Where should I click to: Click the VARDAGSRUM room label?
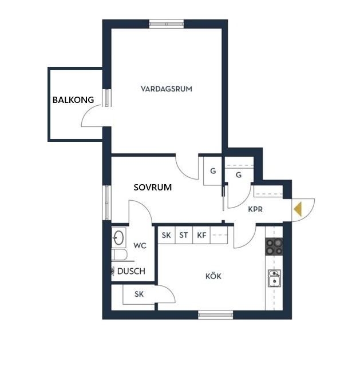tap(167, 89)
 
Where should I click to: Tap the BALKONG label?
tap(73, 100)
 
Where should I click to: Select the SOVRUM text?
tap(153, 187)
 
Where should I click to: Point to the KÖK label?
tap(213, 276)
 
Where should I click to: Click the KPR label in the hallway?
tap(255, 209)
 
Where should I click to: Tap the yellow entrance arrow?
tap(298, 209)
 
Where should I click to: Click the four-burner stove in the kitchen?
tap(274, 246)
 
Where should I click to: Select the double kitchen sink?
tap(274, 278)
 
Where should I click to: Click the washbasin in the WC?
tap(118, 238)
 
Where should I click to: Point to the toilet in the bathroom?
tap(120, 254)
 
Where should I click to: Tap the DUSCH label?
tap(131, 271)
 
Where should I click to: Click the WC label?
tap(140, 245)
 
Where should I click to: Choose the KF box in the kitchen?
tap(201, 235)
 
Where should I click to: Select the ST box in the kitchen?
tap(184, 235)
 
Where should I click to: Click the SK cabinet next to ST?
tap(167, 235)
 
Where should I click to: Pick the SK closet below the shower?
tap(139, 295)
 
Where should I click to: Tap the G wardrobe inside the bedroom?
tap(212, 171)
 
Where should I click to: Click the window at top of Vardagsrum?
tap(167, 24)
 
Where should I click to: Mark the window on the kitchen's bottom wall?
tap(215, 315)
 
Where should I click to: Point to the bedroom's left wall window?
tap(107, 202)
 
